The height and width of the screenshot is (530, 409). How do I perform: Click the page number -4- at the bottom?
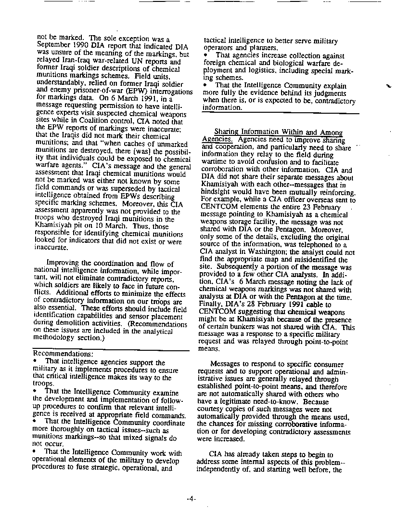point(191,500)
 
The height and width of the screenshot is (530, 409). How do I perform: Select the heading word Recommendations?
point(63,354)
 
